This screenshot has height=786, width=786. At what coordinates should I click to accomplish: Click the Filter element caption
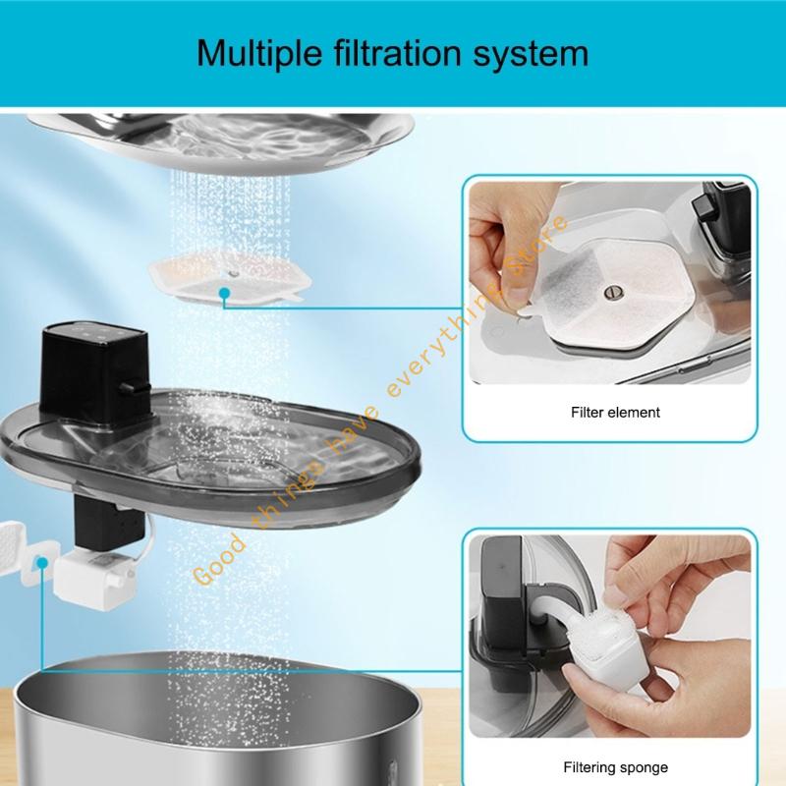(x=616, y=412)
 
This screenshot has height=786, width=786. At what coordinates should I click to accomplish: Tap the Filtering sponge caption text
(x=616, y=767)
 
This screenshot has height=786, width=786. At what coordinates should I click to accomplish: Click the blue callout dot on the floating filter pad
(x=225, y=292)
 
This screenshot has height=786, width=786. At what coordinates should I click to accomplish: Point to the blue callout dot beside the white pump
(x=41, y=562)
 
